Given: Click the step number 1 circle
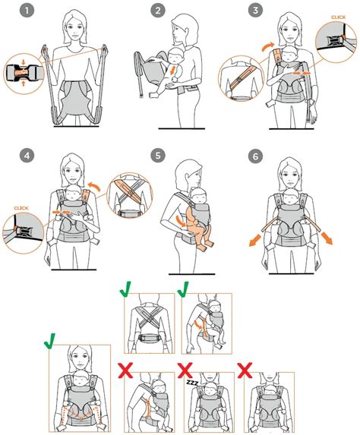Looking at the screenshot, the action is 27,11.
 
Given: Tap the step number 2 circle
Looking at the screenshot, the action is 158,11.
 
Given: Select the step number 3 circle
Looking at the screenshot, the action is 255,11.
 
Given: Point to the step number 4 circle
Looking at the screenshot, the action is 27,156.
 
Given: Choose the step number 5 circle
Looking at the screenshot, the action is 158,156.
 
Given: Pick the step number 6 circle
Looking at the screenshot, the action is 255,156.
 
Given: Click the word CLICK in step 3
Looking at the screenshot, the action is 338,17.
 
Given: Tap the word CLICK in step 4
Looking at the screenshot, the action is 21,208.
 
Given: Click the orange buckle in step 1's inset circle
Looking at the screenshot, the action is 21,72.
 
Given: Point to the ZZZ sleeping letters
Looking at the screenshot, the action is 192,383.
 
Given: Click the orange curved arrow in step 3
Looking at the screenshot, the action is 268,46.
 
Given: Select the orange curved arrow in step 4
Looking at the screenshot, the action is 94,186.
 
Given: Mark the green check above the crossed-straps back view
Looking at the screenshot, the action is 126,289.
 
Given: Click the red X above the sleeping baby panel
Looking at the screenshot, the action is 185,370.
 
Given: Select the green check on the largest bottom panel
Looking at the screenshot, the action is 50,341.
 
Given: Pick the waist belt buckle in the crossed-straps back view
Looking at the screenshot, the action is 150,338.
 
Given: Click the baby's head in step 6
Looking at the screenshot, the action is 290,196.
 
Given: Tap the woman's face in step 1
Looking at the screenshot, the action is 74,29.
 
